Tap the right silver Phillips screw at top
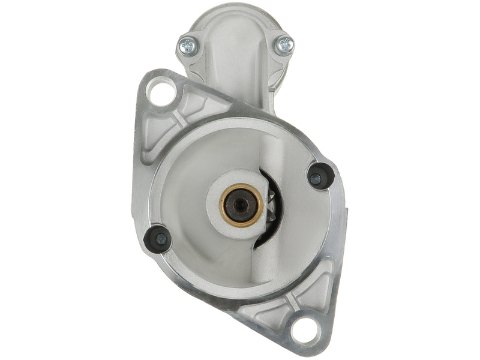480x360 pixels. point(285,43)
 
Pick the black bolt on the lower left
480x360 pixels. point(159,238)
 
